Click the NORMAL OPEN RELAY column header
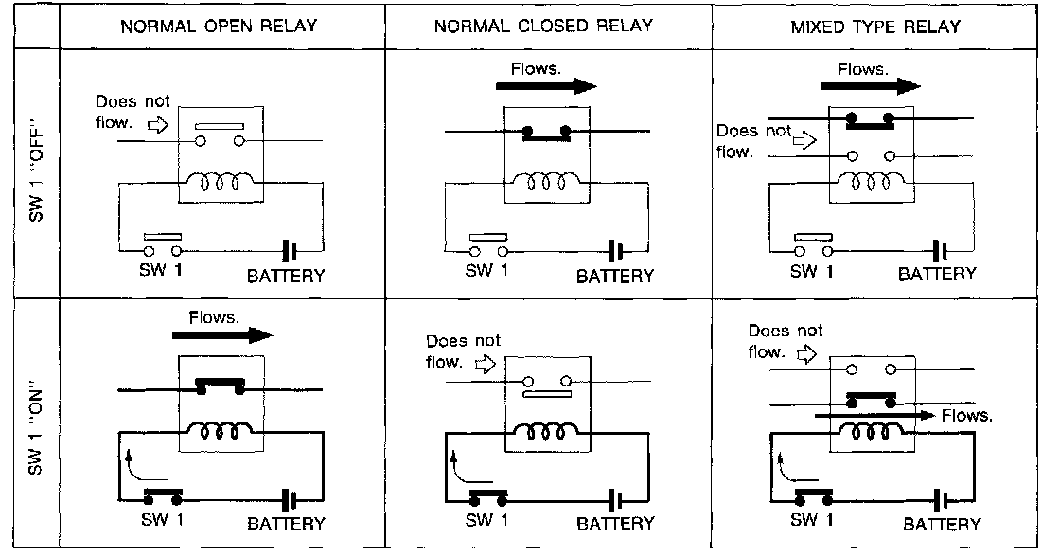[218, 26]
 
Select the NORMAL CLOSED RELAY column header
[543, 26]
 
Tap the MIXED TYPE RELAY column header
[874, 26]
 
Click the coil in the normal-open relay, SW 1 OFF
[221, 180]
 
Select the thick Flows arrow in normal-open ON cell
[222, 335]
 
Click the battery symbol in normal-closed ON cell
[617, 499]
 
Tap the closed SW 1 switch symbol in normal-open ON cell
[163, 494]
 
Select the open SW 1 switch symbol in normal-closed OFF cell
[488, 245]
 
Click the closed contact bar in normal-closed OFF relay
[544, 134]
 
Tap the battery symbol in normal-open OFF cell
[291, 251]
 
